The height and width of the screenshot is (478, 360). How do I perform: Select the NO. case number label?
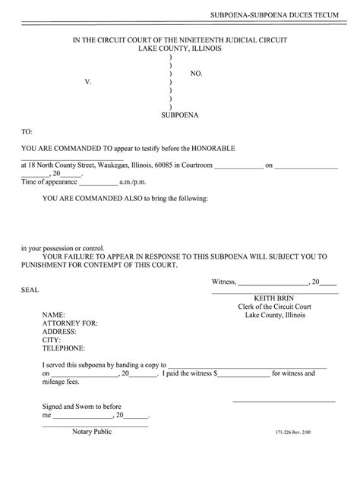(197, 73)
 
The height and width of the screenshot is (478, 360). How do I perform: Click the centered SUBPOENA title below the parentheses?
(180, 115)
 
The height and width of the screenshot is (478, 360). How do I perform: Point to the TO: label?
(27, 131)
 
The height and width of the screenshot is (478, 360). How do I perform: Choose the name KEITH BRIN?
(275, 297)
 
